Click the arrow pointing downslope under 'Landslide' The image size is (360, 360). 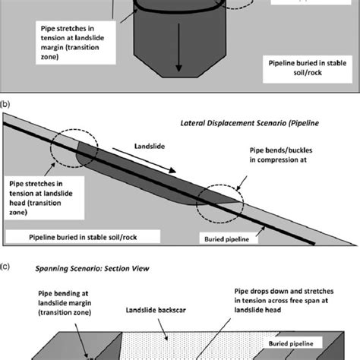(x=128, y=157)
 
